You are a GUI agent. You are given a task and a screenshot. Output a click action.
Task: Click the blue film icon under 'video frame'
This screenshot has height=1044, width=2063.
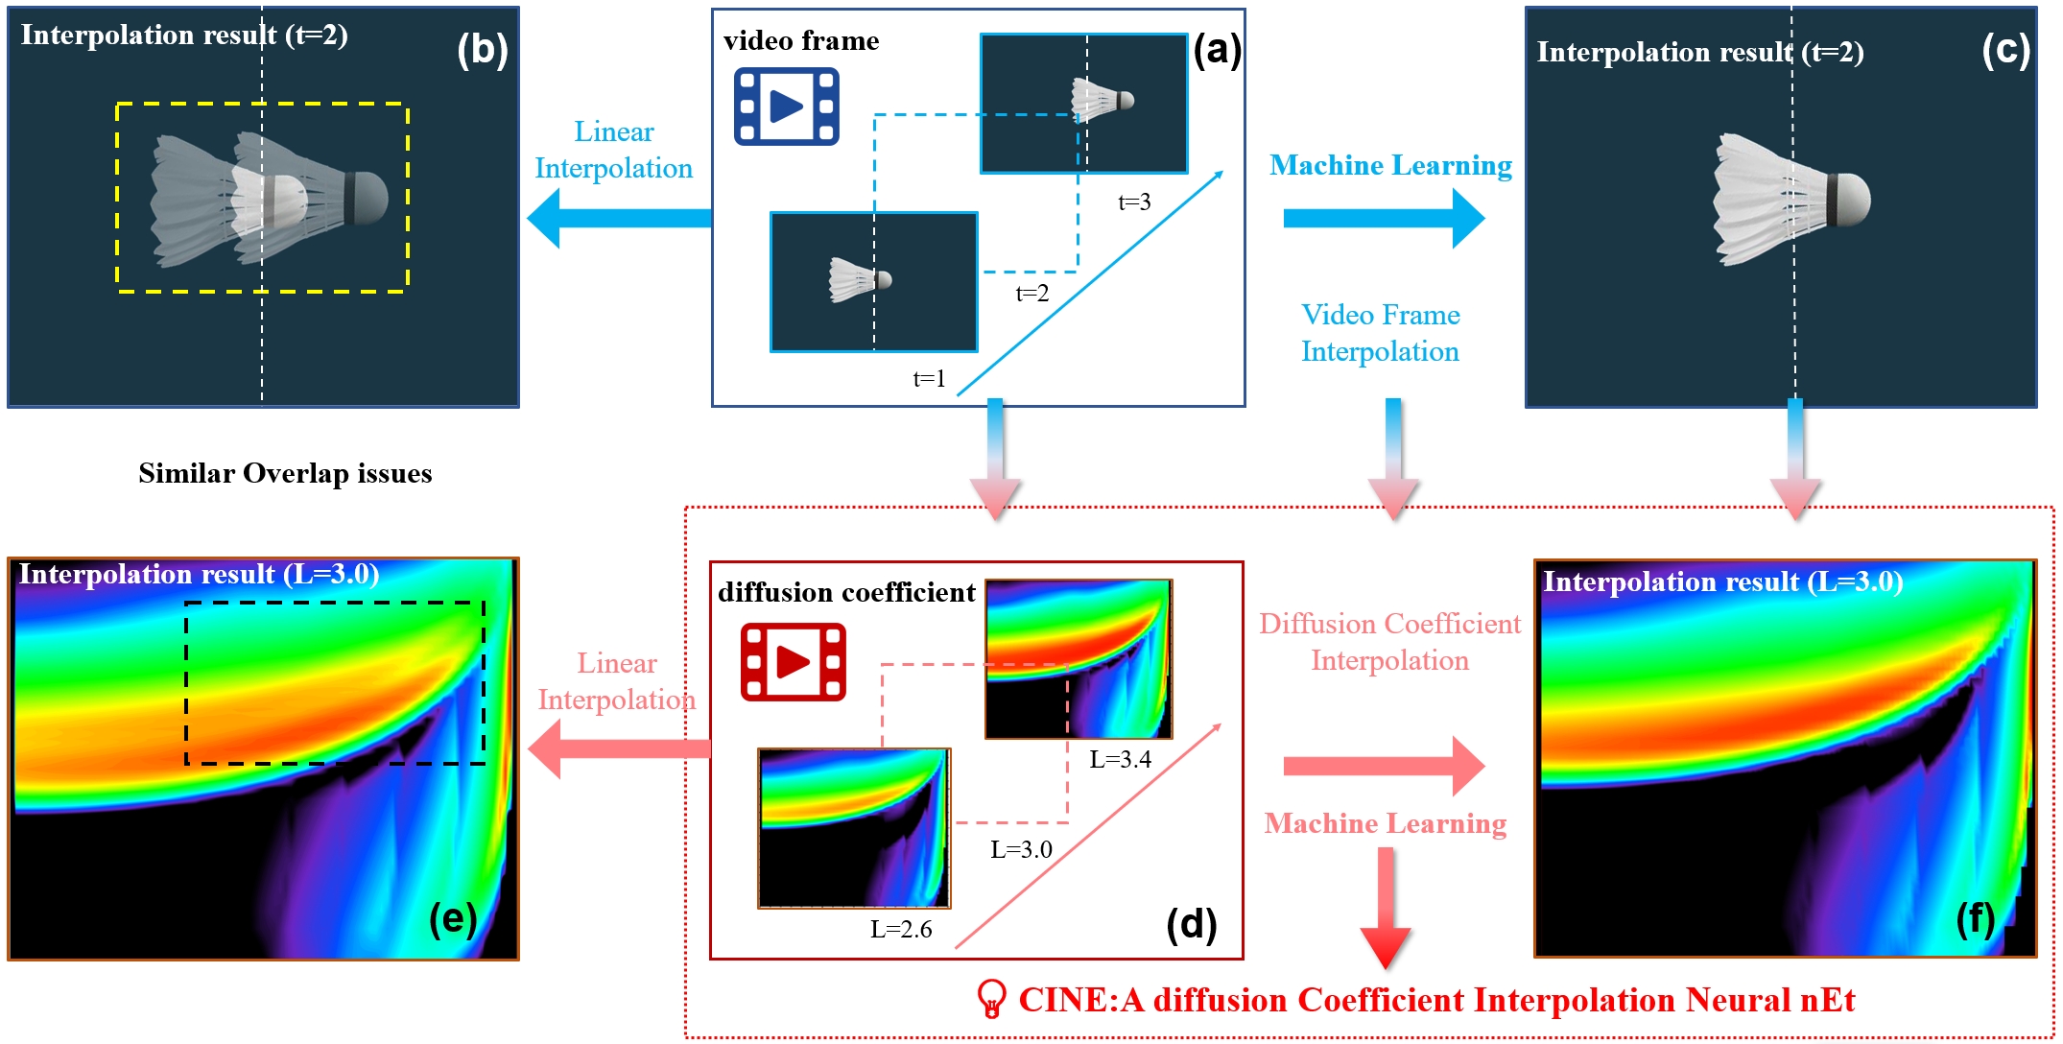click(786, 106)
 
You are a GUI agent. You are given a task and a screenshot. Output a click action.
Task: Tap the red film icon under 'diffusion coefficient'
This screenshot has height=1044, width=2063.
click(793, 662)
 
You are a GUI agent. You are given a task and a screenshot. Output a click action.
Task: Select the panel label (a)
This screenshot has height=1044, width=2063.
click(1217, 49)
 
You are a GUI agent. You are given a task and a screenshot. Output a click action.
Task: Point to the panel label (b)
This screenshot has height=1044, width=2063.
click(482, 50)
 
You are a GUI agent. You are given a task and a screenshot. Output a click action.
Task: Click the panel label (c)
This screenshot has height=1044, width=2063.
click(2005, 50)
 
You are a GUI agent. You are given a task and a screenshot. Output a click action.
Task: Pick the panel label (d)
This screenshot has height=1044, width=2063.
click(1191, 924)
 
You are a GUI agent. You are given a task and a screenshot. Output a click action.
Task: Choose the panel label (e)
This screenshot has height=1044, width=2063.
click(453, 918)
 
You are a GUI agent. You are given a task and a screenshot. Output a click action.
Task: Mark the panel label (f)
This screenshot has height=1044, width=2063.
click(1976, 919)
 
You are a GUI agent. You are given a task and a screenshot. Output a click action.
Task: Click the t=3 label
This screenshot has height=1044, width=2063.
click(1134, 202)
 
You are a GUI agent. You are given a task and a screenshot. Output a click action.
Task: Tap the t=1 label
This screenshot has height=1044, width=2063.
click(929, 379)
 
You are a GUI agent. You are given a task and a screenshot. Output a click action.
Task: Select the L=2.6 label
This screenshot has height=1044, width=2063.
click(900, 929)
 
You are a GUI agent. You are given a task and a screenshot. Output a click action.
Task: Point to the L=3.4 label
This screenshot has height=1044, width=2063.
click(1120, 759)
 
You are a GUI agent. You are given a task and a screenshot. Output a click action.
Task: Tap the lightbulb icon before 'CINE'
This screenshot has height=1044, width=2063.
click(991, 999)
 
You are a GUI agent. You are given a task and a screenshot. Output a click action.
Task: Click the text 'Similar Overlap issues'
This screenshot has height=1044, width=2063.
click(285, 473)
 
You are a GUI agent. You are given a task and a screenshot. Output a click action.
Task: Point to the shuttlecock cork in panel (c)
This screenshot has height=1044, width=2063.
click(1851, 200)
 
